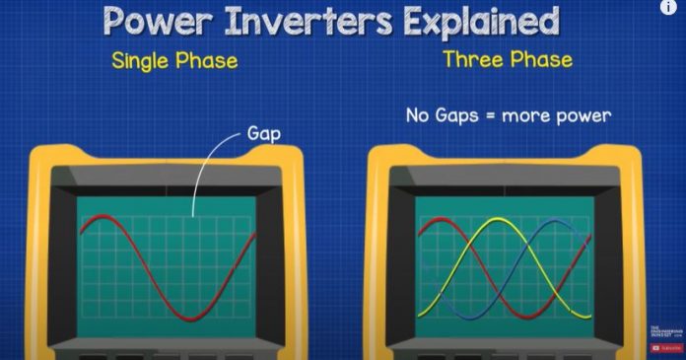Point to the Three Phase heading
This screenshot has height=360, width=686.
click(507, 59)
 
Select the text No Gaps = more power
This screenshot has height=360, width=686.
click(509, 115)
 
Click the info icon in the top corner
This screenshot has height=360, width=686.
click(669, 8)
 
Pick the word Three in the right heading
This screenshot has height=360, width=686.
click(474, 59)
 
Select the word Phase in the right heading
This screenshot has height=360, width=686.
click(541, 59)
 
